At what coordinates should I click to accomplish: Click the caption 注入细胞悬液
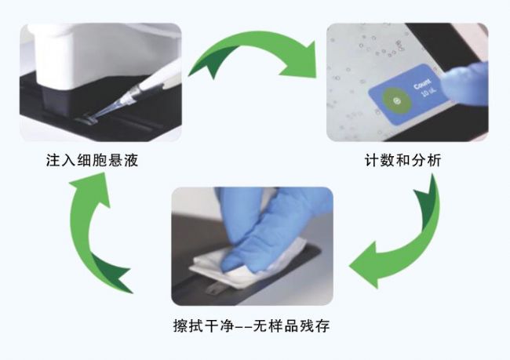tap(92, 160)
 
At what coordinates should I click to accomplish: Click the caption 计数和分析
tap(403, 160)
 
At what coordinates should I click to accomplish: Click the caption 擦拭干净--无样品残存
tap(251, 325)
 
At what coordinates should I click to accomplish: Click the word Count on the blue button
tap(422, 84)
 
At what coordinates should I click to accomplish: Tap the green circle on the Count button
tap(396, 101)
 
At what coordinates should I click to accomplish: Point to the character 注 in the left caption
tap(53, 160)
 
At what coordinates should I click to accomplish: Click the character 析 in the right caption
tap(434, 160)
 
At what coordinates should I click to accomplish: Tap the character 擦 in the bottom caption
tap(180, 325)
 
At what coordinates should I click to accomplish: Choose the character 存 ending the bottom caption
tap(323, 325)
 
